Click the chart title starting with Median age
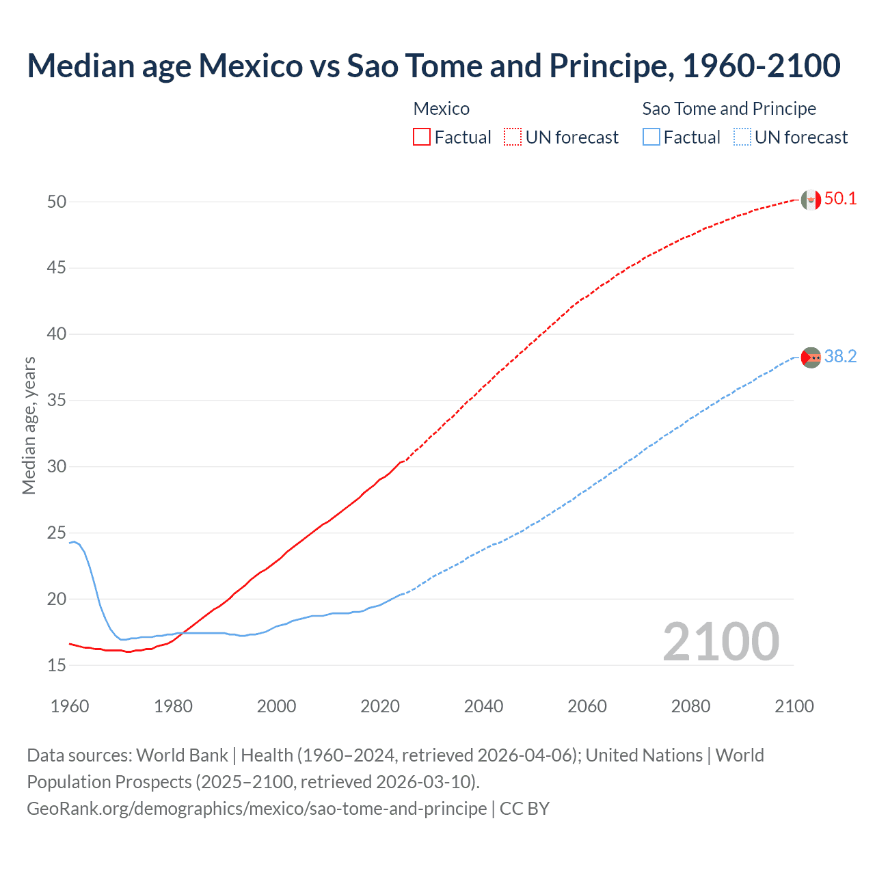coord(433,66)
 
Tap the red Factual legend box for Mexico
coord(422,137)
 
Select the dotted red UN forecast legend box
coord(513,137)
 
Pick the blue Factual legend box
coord(651,137)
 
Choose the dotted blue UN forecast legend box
coord(742,137)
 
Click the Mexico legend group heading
coord(442,109)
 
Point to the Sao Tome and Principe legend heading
coord(729,109)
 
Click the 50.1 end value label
coord(840,199)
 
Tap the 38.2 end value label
coord(840,357)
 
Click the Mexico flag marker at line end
coord(811,200)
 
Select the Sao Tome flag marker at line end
coord(811,358)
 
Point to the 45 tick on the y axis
coord(57,268)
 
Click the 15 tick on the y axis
coord(57,665)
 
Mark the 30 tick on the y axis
coord(57,467)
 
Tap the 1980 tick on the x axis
coord(173,706)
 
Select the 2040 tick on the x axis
coord(483,706)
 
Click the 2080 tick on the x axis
coord(690,706)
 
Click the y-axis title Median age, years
coord(29,425)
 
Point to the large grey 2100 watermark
coord(721,641)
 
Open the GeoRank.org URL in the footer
coord(256,809)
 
